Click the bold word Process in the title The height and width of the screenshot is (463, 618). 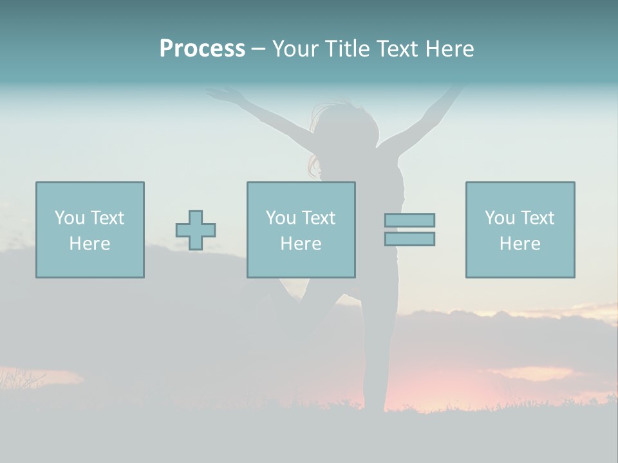(202, 49)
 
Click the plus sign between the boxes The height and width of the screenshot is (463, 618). (196, 230)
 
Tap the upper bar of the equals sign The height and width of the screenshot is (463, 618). (409, 220)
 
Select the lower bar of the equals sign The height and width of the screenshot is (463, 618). (409, 239)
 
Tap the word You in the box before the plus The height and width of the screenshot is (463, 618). (70, 218)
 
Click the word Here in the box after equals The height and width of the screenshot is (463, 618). (520, 244)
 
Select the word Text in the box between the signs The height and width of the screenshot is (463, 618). (319, 218)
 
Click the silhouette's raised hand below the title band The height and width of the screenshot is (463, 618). (219, 95)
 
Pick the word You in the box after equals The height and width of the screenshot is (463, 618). (500, 218)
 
